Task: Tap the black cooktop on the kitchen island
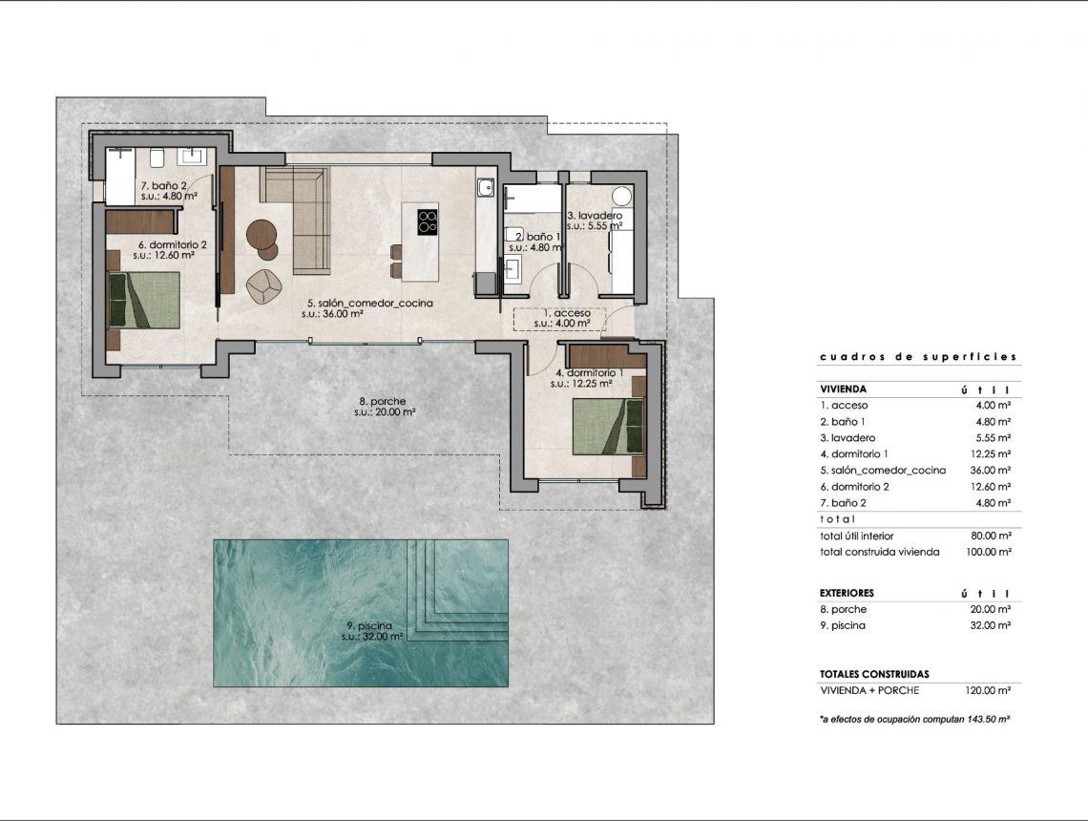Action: [x=428, y=221]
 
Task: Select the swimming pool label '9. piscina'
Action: [x=369, y=626]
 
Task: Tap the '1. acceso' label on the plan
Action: [x=567, y=313]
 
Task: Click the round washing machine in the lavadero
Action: [x=622, y=197]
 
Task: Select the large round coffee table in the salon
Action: [x=262, y=233]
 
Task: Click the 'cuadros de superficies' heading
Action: [x=917, y=357]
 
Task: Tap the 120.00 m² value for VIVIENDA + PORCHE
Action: [x=989, y=690]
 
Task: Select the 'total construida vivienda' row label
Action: [x=879, y=552]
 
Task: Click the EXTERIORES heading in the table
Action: [x=847, y=593]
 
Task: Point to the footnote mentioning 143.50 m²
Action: [x=914, y=719]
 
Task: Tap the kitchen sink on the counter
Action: [x=485, y=188]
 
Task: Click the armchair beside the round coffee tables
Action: [x=262, y=284]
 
